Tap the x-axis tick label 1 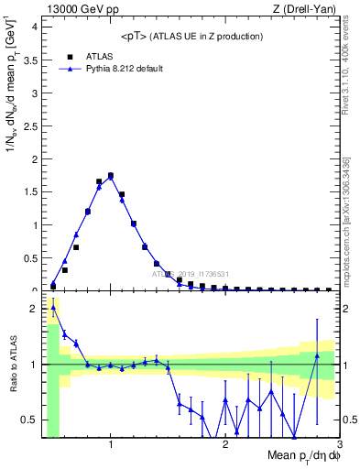pyautogui.click(x=111, y=444)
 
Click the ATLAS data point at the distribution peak pyautogui.click(x=110, y=175)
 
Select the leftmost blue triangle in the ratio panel pyautogui.click(x=53, y=308)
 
